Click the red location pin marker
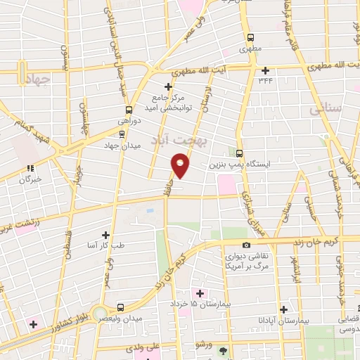click(x=181, y=166)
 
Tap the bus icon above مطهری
click(x=250, y=38)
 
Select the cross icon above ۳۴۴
click(x=265, y=70)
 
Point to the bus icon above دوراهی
click(x=128, y=110)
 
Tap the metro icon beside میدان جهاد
click(x=122, y=134)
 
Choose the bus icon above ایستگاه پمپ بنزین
click(x=240, y=153)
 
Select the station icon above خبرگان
click(x=30, y=168)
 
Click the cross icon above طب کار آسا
click(x=106, y=235)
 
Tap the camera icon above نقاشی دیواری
click(x=246, y=245)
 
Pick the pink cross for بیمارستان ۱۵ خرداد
click(x=199, y=292)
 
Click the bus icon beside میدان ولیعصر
click(x=120, y=307)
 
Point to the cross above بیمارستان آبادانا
click(x=283, y=309)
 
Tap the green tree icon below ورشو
click(x=224, y=349)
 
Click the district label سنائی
click(x=328, y=109)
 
